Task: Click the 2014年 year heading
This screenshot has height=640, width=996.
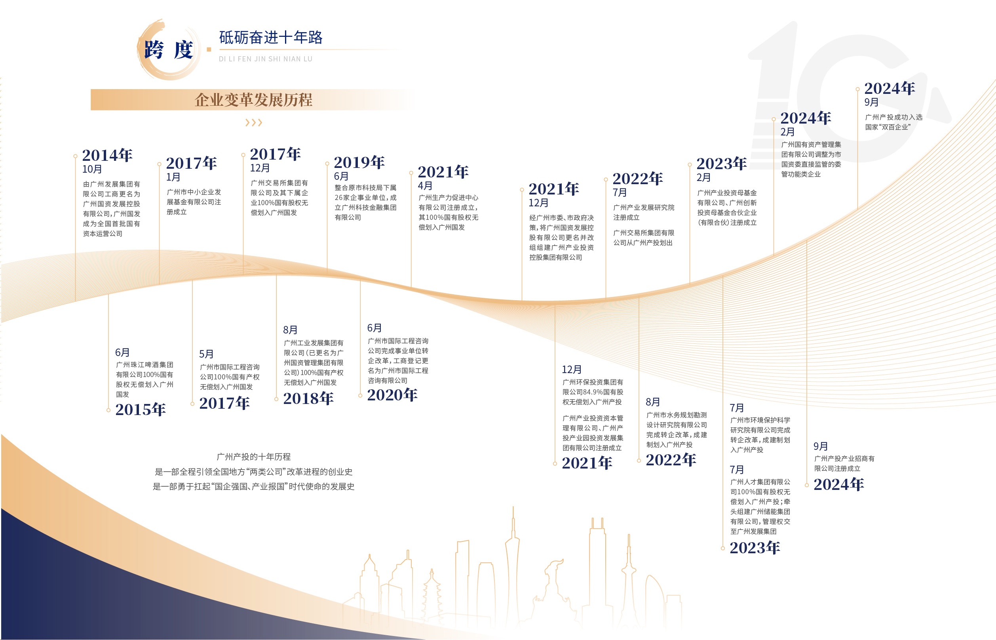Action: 107,155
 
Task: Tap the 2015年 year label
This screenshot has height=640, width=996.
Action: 141,410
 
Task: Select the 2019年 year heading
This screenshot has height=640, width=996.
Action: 359,162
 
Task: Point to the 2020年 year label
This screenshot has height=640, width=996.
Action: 392,395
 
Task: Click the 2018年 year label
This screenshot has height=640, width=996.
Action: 308,398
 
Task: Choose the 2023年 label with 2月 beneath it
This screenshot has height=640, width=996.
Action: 721,164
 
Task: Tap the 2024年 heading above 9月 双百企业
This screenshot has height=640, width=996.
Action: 890,89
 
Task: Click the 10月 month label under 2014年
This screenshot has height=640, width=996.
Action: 92,169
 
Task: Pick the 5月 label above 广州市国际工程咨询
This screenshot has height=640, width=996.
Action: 206,354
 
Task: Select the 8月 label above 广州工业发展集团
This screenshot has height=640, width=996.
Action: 290,330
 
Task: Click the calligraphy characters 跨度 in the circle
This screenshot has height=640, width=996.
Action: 168,50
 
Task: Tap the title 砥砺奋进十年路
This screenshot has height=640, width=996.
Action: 271,38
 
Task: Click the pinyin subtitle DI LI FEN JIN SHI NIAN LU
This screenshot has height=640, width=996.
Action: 265,59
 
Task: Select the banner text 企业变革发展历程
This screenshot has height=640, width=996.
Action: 253,100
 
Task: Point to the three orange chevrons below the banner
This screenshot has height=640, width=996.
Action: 253,123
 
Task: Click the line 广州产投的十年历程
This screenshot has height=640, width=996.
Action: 253,457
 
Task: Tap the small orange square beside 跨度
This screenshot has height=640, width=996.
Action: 209,50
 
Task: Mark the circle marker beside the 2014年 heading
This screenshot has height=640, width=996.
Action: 75,156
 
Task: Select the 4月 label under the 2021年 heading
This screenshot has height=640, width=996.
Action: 425,186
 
